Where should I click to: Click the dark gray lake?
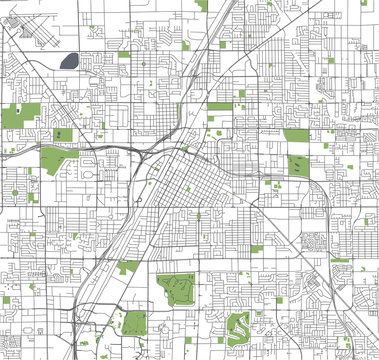coord(70,61)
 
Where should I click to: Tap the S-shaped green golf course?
coord(239,324)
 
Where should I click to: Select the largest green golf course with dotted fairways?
coord(179,290)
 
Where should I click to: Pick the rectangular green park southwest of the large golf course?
coord(135,324)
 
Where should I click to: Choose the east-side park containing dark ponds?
coord(298,166)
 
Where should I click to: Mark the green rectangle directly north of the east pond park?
coord(296,135)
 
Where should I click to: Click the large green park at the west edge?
coord(23,112)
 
